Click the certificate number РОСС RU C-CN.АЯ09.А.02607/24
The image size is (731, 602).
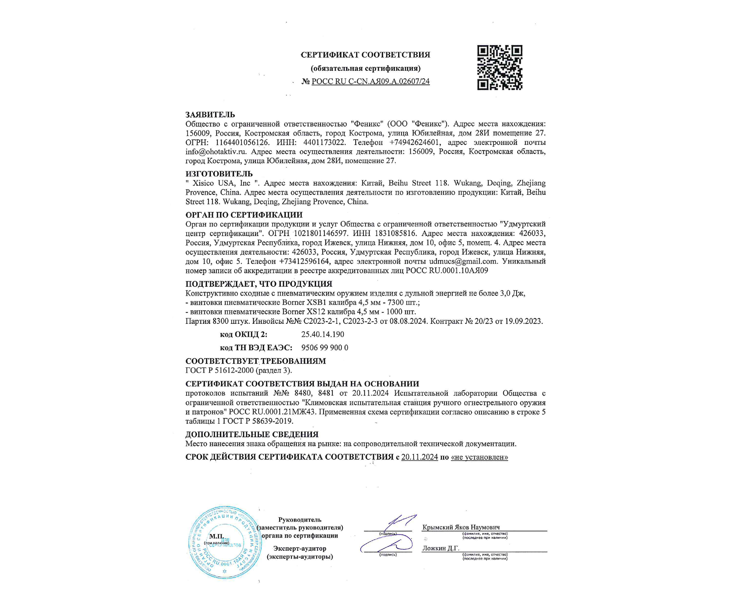click(x=370, y=82)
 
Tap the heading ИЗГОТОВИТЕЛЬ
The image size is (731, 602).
click(x=219, y=174)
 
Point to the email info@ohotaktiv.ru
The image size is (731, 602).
click(x=216, y=151)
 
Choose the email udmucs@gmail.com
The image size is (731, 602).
click(x=463, y=261)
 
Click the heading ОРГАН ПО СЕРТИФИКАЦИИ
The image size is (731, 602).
click(x=244, y=215)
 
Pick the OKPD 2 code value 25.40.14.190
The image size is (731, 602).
click(x=322, y=334)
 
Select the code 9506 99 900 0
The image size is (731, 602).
click(x=325, y=348)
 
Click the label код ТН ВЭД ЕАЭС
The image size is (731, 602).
click(x=256, y=348)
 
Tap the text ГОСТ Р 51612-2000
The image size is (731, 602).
click(x=220, y=370)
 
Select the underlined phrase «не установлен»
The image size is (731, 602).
click(x=480, y=457)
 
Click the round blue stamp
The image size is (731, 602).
click(x=225, y=542)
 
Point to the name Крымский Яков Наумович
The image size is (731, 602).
click(x=461, y=527)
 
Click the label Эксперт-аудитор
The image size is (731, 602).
click(x=300, y=549)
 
